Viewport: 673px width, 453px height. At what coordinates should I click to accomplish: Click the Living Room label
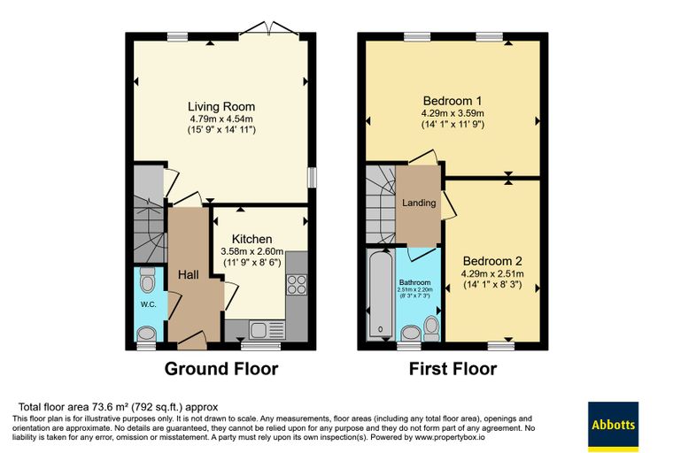pos(221,106)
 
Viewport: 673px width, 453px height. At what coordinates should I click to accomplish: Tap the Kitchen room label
pos(252,239)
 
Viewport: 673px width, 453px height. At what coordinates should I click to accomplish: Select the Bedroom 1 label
pos(453,101)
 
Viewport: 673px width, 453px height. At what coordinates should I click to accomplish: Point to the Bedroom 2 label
pos(492,261)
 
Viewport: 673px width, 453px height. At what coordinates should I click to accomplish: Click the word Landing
pos(419,203)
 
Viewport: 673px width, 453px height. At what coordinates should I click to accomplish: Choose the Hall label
pos(188,274)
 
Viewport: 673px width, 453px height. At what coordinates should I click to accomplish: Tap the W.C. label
pos(148,304)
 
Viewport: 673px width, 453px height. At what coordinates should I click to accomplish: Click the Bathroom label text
pos(414,282)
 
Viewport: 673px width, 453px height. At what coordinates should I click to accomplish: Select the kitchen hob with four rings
pos(297,284)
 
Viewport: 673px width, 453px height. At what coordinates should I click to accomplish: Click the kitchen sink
pos(267,330)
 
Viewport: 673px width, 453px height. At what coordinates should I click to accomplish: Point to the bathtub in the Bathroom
pos(381,295)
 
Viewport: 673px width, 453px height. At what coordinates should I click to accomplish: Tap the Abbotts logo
pos(613,426)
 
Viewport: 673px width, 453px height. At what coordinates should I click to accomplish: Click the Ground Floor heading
pos(221,369)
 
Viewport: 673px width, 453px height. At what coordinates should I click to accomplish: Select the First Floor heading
pos(453,369)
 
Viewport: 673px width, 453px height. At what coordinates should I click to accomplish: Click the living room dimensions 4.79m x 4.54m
pos(221,119)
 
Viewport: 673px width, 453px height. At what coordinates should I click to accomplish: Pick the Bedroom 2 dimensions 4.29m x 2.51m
pos(492,273)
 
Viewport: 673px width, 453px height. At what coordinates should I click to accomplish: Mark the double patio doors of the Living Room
pos(269,28)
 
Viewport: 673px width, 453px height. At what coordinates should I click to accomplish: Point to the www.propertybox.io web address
pos(449,438)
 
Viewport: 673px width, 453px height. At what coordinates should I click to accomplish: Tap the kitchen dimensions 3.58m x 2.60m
pos(252,251)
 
